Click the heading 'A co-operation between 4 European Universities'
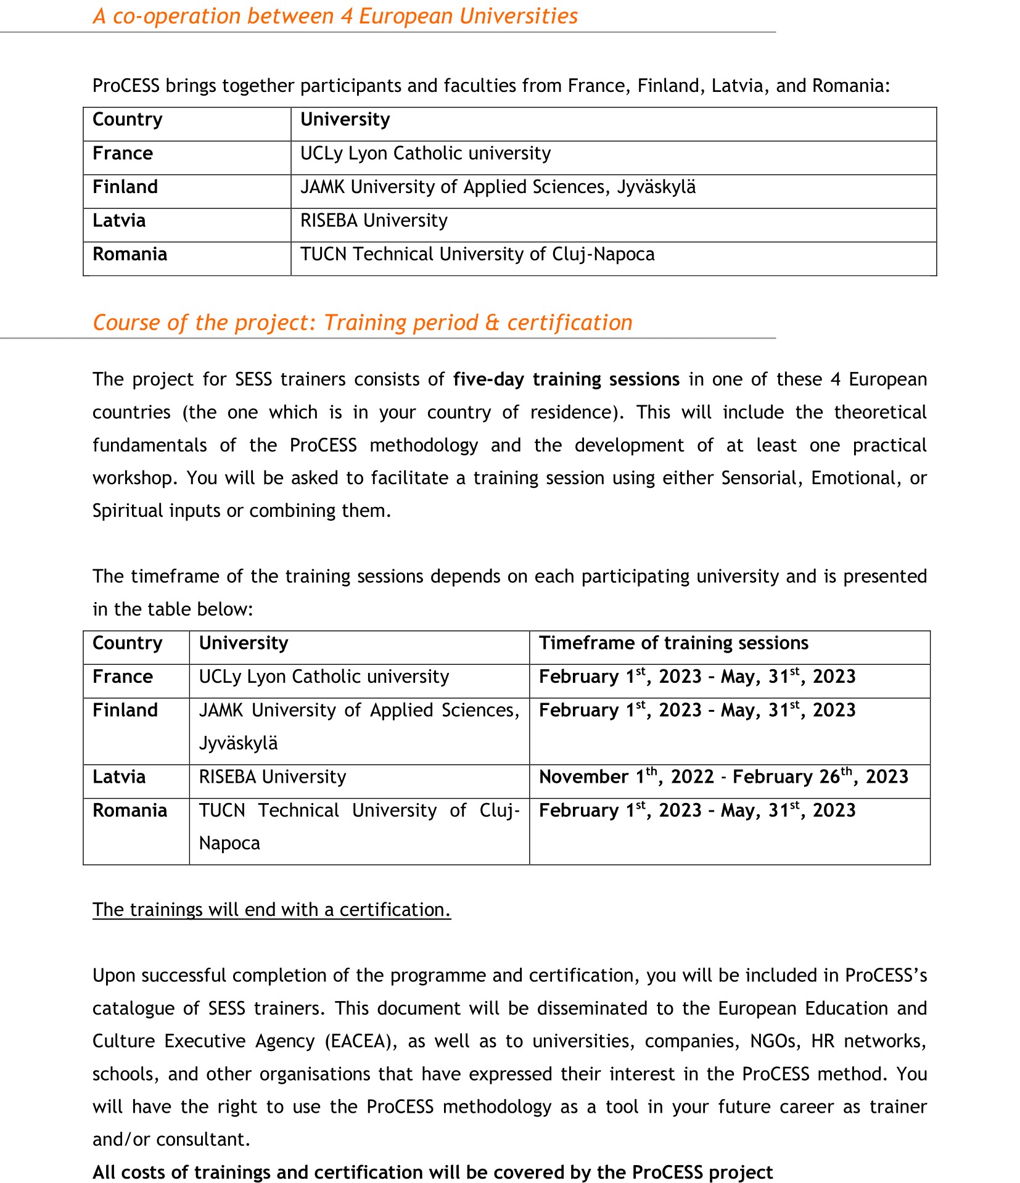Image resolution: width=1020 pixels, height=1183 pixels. (335, 17)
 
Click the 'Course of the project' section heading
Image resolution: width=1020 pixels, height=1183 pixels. (362, 323)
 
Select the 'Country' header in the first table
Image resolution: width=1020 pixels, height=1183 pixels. (127, 120)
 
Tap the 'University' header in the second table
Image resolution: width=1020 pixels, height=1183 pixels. (243, 643)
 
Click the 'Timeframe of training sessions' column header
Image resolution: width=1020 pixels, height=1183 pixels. (673, 643)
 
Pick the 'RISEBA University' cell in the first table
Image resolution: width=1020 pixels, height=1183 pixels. (374, 221)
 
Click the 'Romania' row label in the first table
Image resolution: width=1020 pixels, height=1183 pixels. (130, 254)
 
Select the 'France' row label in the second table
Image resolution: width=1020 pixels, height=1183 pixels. (122, 677)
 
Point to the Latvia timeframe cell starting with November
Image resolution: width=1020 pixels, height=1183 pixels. (723, 777)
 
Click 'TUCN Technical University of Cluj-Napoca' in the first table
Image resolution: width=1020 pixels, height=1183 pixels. (477, 254)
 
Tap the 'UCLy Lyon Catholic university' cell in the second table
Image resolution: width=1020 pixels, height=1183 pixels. (323, 677)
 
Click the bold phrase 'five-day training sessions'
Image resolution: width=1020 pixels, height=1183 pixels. (566, 379)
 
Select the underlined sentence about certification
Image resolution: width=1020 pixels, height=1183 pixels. (271, 910)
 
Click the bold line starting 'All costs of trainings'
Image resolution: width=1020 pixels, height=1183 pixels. (432, 1172)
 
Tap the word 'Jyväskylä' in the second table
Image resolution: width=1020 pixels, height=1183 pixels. (238, 743)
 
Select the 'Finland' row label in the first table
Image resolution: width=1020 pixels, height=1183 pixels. (125, 187)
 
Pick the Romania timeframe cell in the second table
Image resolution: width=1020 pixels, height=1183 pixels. (697, 810)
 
